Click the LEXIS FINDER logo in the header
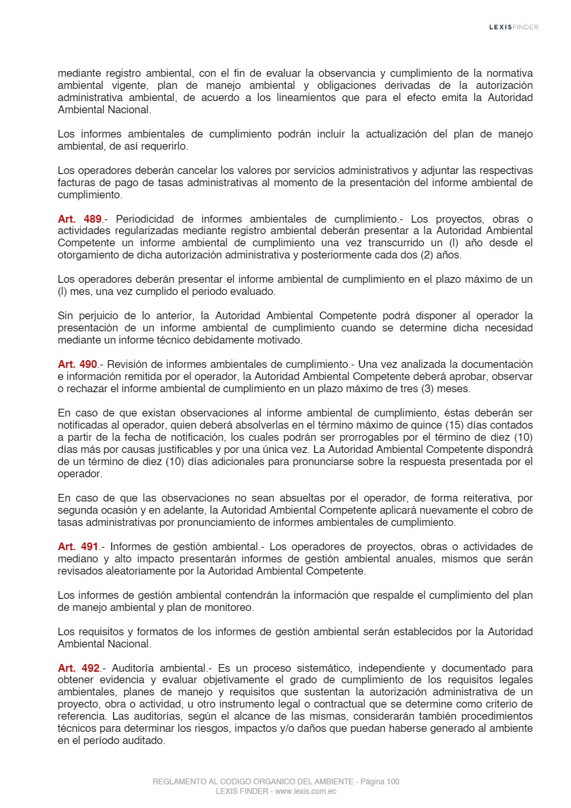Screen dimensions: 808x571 pos(513,27)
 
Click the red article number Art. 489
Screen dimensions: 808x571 pos(79,219)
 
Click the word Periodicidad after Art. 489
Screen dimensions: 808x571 pos(144,219)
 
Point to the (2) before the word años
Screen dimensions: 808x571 pos(423,255)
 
